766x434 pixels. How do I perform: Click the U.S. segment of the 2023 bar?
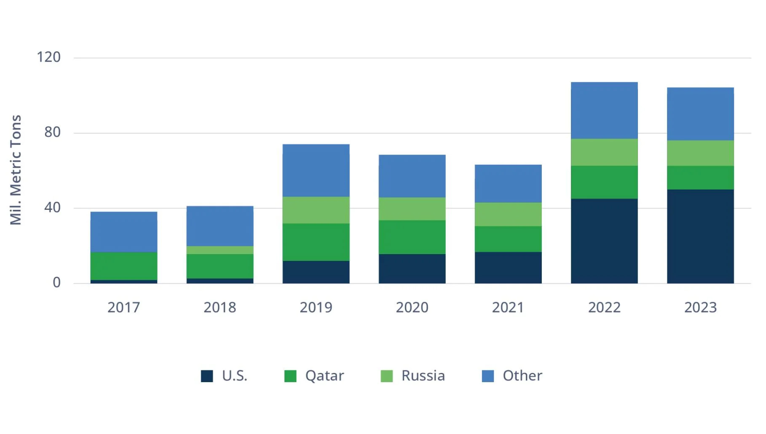700,236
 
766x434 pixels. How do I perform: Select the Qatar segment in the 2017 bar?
123,266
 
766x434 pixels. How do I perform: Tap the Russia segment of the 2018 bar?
220,250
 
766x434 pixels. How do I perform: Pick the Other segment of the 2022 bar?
604,110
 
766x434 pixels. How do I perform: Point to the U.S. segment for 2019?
316,272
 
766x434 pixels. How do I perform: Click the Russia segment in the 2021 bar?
508,214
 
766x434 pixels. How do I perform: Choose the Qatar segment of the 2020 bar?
412,237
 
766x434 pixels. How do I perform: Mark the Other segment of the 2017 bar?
123,232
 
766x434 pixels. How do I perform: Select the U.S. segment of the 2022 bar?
604,241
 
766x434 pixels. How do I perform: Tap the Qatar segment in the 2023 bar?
700,177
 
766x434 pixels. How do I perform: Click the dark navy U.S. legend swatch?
207,376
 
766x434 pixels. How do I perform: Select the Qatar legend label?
324,375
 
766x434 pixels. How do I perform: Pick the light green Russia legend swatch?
386,376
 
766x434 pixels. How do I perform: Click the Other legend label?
522,375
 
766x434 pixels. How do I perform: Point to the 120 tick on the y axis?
49,57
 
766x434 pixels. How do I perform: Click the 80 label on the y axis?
53,132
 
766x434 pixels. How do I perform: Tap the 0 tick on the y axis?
56,283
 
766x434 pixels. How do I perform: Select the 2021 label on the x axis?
508,308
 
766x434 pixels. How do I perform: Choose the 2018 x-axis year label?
220,308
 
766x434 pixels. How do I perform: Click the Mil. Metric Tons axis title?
16,170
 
